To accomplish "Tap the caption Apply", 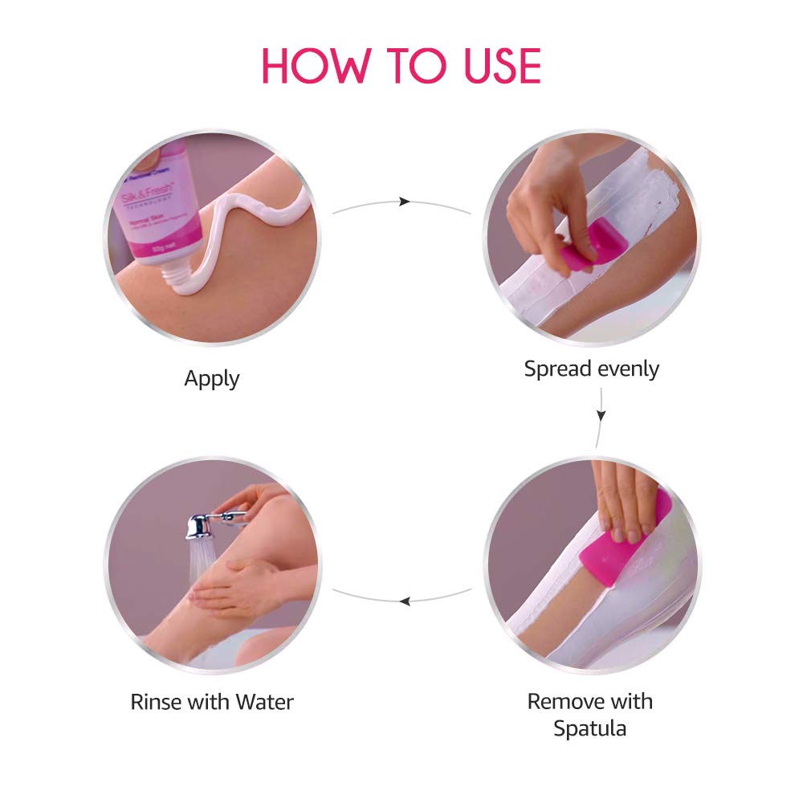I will [212, 378].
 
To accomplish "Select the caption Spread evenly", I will [591, 369].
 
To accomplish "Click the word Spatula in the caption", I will [589, 728].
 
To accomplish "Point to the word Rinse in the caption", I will [157, 702].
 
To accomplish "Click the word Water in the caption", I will [264, 702].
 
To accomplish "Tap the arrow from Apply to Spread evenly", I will [403, 202].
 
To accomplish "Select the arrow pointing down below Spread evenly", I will [601, 416].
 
